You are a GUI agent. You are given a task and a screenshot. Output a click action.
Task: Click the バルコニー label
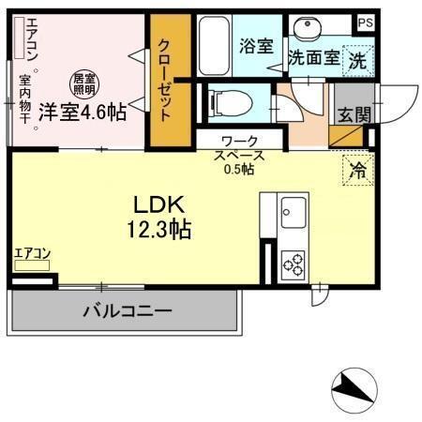tap(126, 310)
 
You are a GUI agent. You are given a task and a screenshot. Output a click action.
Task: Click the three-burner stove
tap(294, 262)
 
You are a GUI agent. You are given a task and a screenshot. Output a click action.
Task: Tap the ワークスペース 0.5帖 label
tap(238, 155)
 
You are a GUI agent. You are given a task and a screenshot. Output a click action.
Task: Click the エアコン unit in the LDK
tap(33, 265)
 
